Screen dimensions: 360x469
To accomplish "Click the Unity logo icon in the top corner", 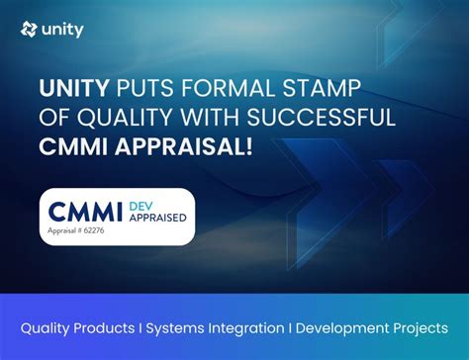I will [x=29, y=30].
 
